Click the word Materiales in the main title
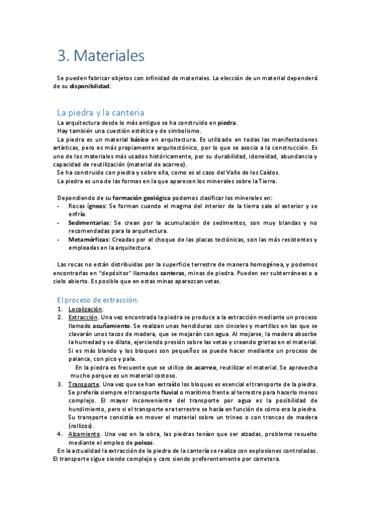click(109, 56)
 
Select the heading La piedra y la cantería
click(100, 112)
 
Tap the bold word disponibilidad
click(90, 86)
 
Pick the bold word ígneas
click(95, 206)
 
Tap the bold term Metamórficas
click(88, 240)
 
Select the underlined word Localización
click(85, 309)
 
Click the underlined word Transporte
click(84, 384)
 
